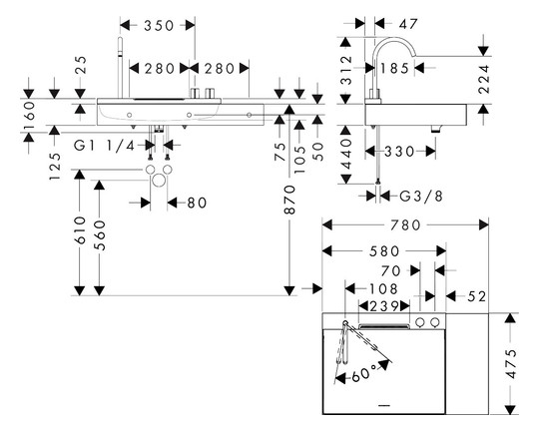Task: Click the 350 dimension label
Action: pyautogui.click(x=159, y=25)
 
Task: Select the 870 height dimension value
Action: pyautogui.click(x=289, y=200)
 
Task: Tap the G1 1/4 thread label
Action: pyautogui.click(x=105, y=146)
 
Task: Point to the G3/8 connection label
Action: pyautogui.click(x=421, y=197)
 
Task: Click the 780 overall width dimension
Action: pyautogui.click(x=405, y=225)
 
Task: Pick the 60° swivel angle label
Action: pyautogui.click(x=364, y=373)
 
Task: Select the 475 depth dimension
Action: pyautogui.click(x=511, y=363)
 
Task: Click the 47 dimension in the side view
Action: pyautogui.click(x=408, y=24)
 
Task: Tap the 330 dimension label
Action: pyautogui.click(x=399, y=152)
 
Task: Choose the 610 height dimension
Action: pyautogui.click(x=80, y=230)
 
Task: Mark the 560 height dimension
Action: pyautogui.click(x=100, y=235)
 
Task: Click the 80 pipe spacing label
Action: pyautogui.click(x=197, y=203)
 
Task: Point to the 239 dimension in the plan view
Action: pyautogui.click(x=384, y=306)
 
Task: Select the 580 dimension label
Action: pyautogui.click(x=384, y=251)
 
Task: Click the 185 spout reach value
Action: pyautogui.click(x=394, y=68)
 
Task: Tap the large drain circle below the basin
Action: pyautogui.click(x=159, y=181)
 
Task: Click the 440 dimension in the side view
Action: pyautogui.click(x=346, y=155)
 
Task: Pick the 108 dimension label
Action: pyautogui.click(x=383, y=288)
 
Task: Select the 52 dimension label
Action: pyautogui.click(x=477, y=296)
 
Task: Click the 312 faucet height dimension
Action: pyautogui.click(x=346, y=71)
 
